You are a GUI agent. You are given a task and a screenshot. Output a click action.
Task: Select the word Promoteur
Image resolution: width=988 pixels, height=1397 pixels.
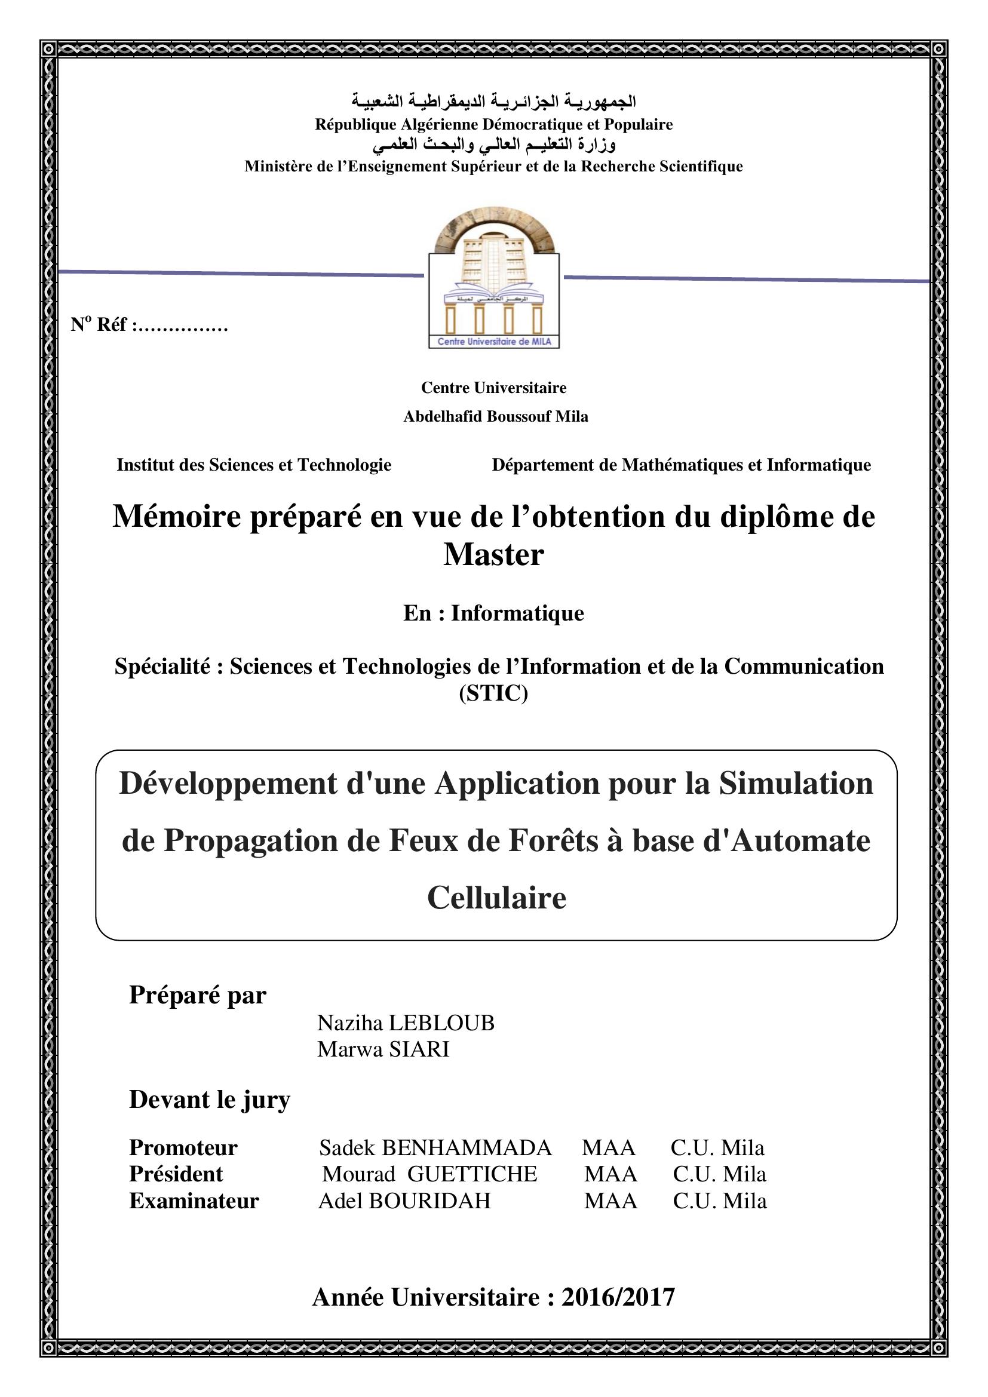coord(183,1147)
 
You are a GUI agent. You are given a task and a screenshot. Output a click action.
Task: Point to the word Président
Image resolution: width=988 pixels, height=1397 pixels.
coord(176,1174)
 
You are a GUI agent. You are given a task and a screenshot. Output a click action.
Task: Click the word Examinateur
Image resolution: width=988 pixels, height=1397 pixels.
coord(194,1201)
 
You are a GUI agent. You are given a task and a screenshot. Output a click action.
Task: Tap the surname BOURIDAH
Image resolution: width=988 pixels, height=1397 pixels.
coord(429,1201)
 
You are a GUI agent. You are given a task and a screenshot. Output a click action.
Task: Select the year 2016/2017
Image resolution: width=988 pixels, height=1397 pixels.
coord(618,1297)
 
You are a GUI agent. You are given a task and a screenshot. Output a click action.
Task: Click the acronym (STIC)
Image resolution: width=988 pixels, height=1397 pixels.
coord(493,693)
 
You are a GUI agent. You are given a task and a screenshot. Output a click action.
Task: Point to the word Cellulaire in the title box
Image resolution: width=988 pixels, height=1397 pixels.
coord(496,898)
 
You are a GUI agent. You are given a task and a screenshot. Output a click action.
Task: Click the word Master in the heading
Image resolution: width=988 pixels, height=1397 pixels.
coord(493,554)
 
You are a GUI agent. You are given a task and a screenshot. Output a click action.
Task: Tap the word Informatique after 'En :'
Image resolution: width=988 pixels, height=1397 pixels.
coord(517,613)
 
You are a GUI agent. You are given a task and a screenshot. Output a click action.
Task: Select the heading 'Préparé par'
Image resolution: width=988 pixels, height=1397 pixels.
coord(198,995)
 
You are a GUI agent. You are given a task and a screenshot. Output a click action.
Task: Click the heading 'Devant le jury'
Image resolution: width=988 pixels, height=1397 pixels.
coord(209,1100)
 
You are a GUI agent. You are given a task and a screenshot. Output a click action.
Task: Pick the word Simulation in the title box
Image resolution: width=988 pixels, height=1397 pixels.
coord(796,783)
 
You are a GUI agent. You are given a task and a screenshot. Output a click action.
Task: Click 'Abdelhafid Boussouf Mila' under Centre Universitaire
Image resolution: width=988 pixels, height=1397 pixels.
coord(496,416)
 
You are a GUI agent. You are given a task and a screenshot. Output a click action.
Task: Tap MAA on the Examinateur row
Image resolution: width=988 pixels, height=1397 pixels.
coord(611,1201)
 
